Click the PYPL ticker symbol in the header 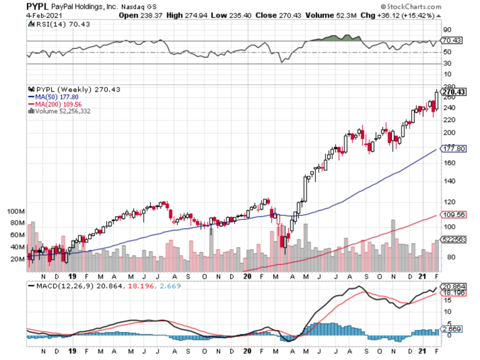pyautogui.click(x=37, y=6)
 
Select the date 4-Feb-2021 pyautogui.click(x=44, y=15)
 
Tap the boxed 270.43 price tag pyautogui.click(x=453, y=92)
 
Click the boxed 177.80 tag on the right pyautogui.click(x=454, y=149)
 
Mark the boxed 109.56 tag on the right pyautogui.click(x=454, y=215)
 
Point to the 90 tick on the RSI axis pyautogui.click(x=447, y=30)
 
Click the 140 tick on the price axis pyautogui.click(x=449, y=181)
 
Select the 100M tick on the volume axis pyautogui.click(x=16, y=211)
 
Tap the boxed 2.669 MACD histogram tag pyautogui.click(x=452, y=329)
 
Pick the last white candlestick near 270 pyautogui.click(x=437, y=100)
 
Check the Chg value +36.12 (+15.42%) pyautogui.click(x=397, y=15)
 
